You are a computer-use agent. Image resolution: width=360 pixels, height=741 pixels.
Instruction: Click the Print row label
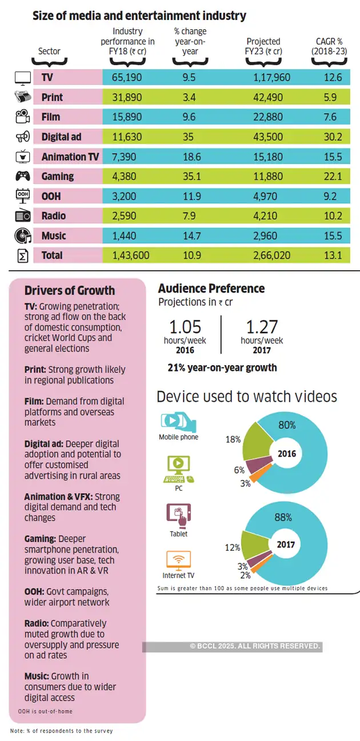click(52, 98)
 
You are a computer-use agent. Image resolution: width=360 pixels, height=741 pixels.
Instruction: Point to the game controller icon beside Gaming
click(22, 176)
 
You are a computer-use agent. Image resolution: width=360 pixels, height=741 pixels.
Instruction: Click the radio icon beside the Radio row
click(22, 216)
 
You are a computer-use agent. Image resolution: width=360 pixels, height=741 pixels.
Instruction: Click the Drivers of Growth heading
click(70, 290)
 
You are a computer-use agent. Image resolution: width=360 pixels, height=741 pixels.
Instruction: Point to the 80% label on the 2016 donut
click(287, 425)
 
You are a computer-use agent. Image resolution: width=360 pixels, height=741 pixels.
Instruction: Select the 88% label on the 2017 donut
click(282, 518)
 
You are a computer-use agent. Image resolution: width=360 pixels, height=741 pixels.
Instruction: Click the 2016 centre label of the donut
click(286, 453)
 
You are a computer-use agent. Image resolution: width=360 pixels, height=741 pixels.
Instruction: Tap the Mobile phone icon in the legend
click(178, 422)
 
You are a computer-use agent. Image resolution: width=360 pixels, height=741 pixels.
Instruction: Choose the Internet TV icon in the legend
click(178, 559)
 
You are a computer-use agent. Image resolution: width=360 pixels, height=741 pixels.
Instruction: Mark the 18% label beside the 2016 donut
click(233, 439)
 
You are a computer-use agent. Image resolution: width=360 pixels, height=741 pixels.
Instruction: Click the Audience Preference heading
click(211, 289)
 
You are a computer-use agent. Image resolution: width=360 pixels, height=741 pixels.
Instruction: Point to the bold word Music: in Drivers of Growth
click(37, 676)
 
